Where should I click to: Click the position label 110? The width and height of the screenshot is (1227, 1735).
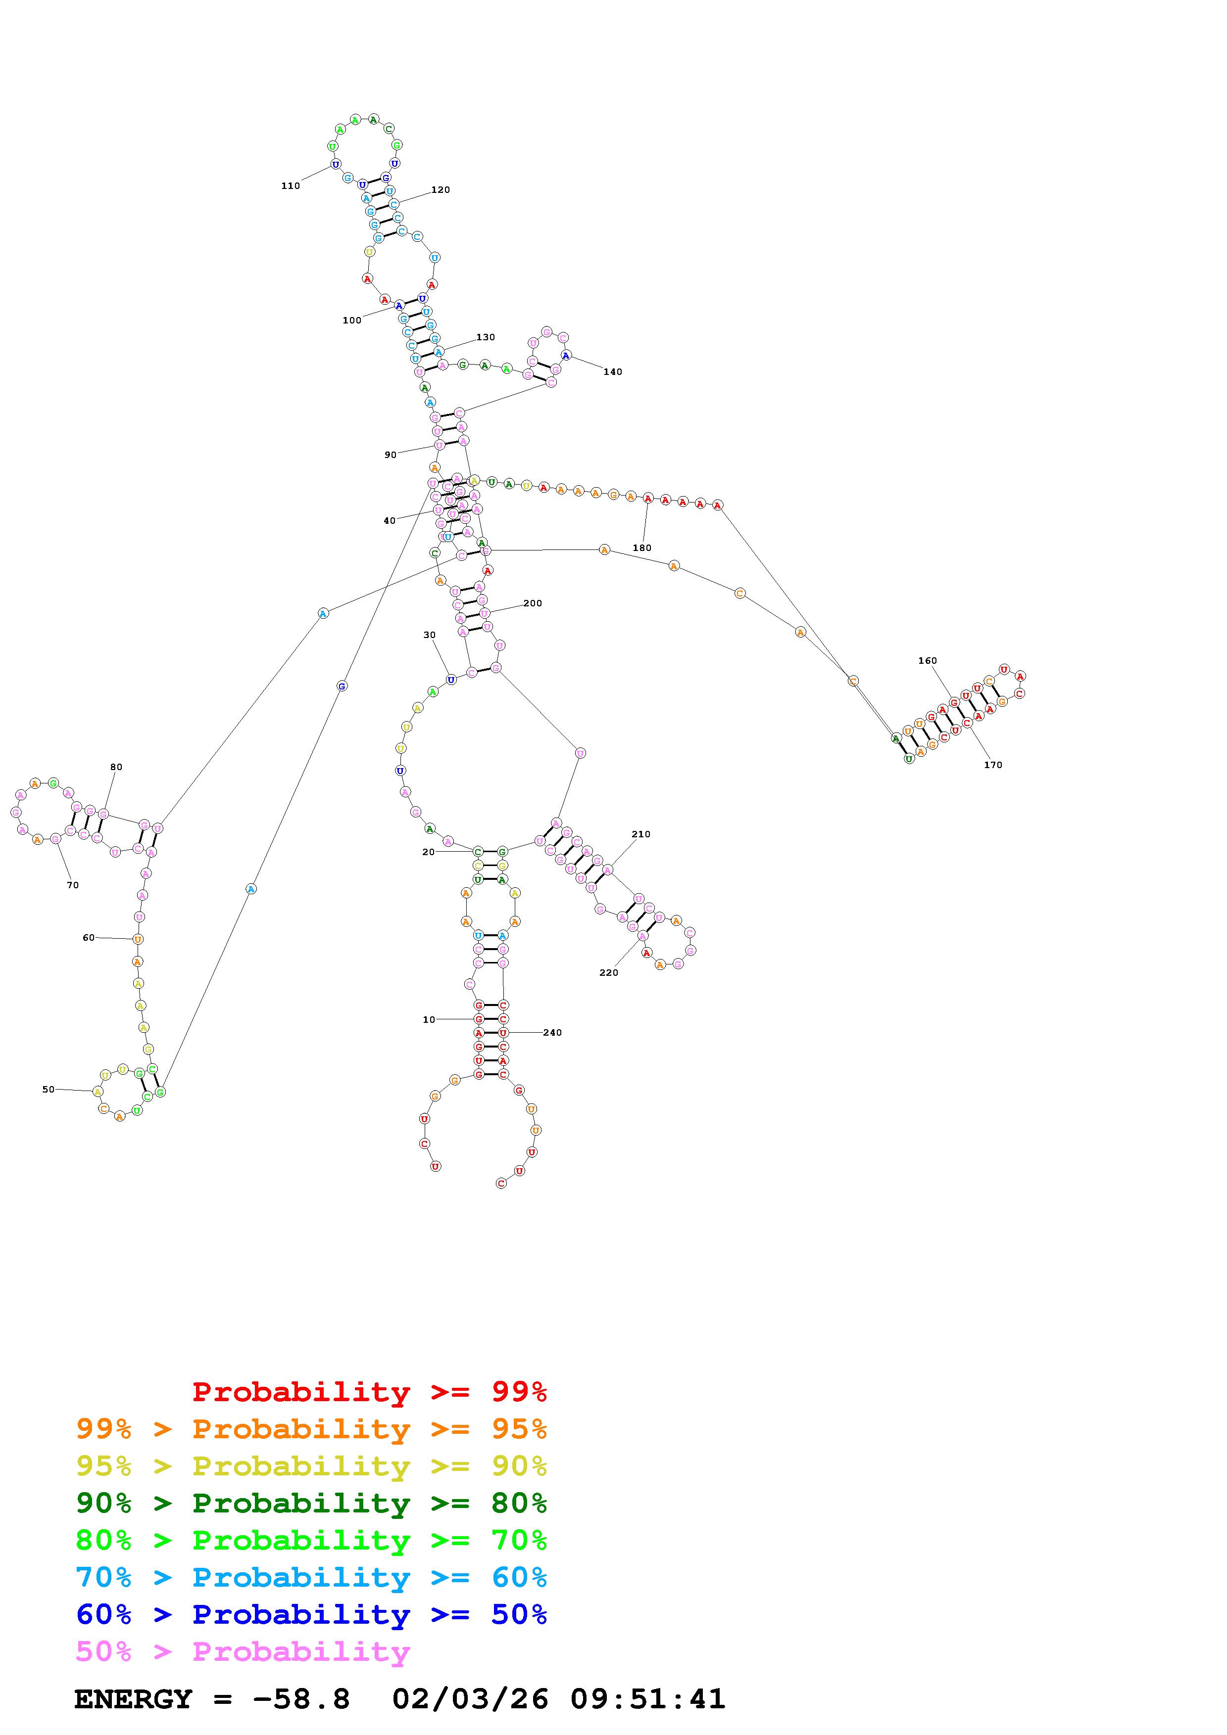coord(291,186)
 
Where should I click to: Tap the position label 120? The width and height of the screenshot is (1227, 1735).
coord(441,189)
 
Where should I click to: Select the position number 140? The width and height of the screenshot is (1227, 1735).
coord(612,372)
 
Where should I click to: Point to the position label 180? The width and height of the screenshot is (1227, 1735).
coord(642,548)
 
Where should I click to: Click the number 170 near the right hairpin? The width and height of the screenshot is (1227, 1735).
coord(993,765)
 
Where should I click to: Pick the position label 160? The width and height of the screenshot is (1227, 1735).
coord(928,660)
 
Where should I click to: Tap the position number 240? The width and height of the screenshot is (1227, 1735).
coord(553,1032)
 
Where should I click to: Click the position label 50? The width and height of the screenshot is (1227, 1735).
coord(49,1089)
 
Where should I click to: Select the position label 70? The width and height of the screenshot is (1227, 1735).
coord(73,885)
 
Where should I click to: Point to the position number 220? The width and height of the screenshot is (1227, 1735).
coord(609,972)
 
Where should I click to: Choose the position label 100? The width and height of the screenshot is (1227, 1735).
coord(351,320)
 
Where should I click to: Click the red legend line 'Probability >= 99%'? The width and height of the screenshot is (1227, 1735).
coord(370,1392)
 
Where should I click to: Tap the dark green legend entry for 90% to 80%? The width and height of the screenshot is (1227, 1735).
coord(311,1503)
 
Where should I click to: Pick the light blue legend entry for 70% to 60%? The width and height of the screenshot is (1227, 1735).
coord(311,1577)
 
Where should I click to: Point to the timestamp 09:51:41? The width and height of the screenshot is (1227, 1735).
coord(648,1699)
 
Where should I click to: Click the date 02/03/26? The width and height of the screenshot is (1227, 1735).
coord(470,1699)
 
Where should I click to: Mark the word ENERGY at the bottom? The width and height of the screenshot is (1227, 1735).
coord(133,1699)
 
